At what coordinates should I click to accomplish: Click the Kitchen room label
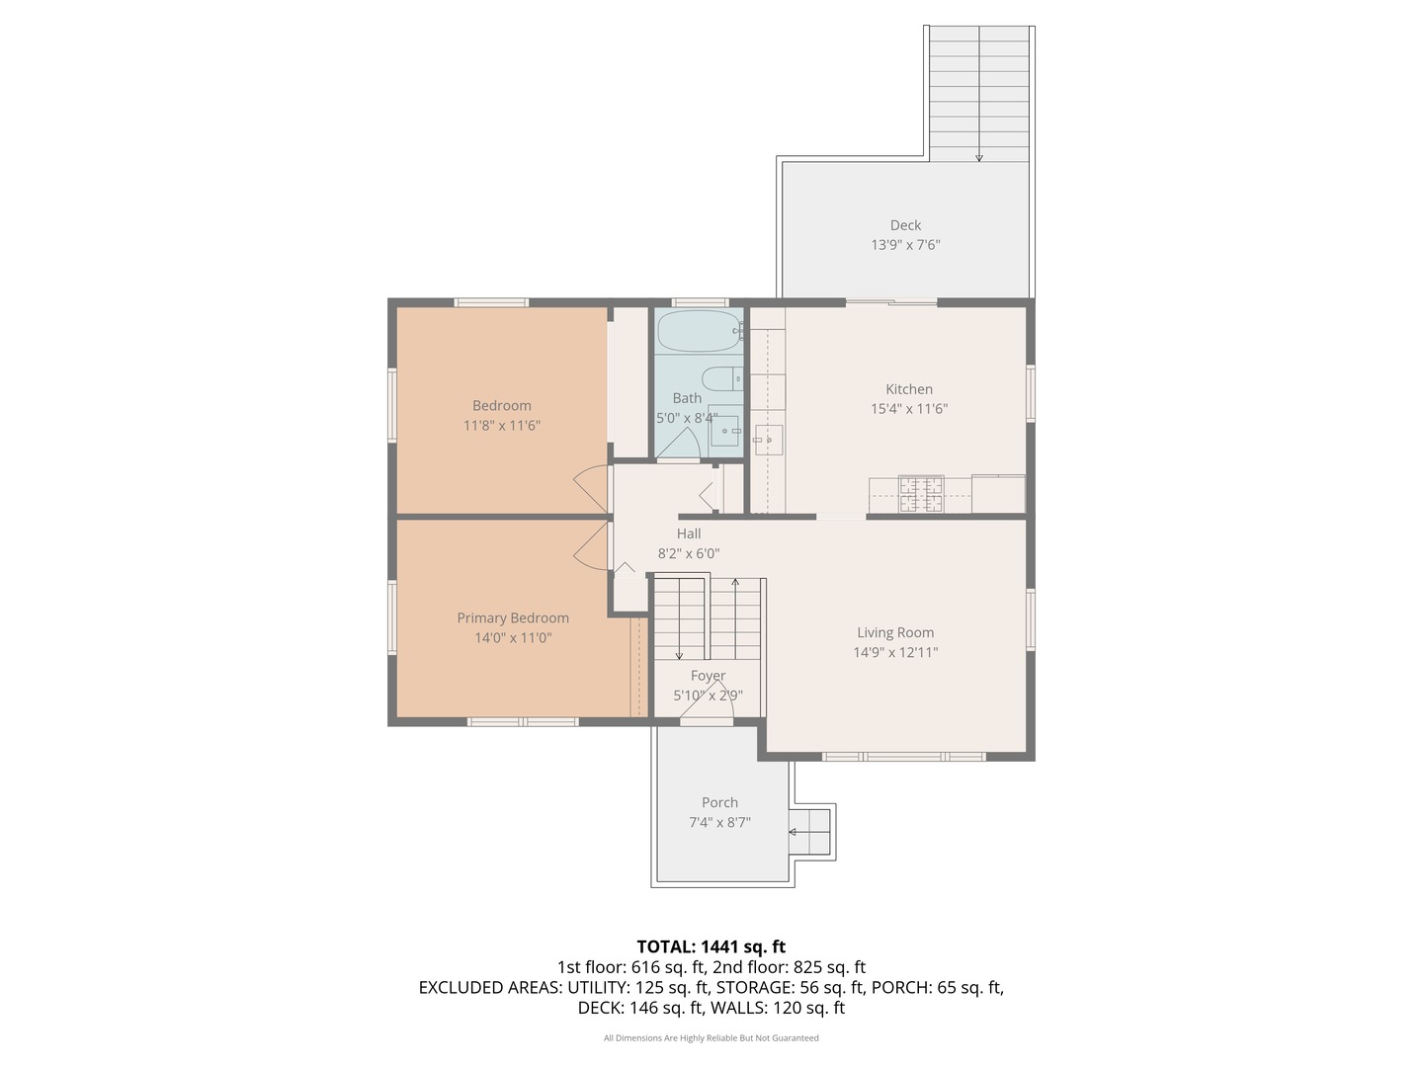click(x=909, y=388)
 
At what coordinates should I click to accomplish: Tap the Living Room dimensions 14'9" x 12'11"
click(x=895, y=652)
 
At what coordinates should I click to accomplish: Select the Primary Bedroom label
click(x=513, y=618)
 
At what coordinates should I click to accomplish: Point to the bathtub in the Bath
click(x=699, y=331)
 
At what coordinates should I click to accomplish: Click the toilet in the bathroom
click(x=722, y=377)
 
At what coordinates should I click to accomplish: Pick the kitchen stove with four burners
click(x=921, y=494)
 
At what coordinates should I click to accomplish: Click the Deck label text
click(x=905, y=225)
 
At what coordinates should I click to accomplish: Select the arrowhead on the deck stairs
click(x=979, y=157)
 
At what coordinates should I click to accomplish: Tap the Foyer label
click(x=708, y=676)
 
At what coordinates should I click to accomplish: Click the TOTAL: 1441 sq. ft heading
click(x=711, y=946)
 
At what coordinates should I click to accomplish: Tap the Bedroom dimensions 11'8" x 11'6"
click(x=502, y=426)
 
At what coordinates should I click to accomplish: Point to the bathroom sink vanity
click(x=724, y=430)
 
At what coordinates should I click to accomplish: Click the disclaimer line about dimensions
click(x=711, y=1037)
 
